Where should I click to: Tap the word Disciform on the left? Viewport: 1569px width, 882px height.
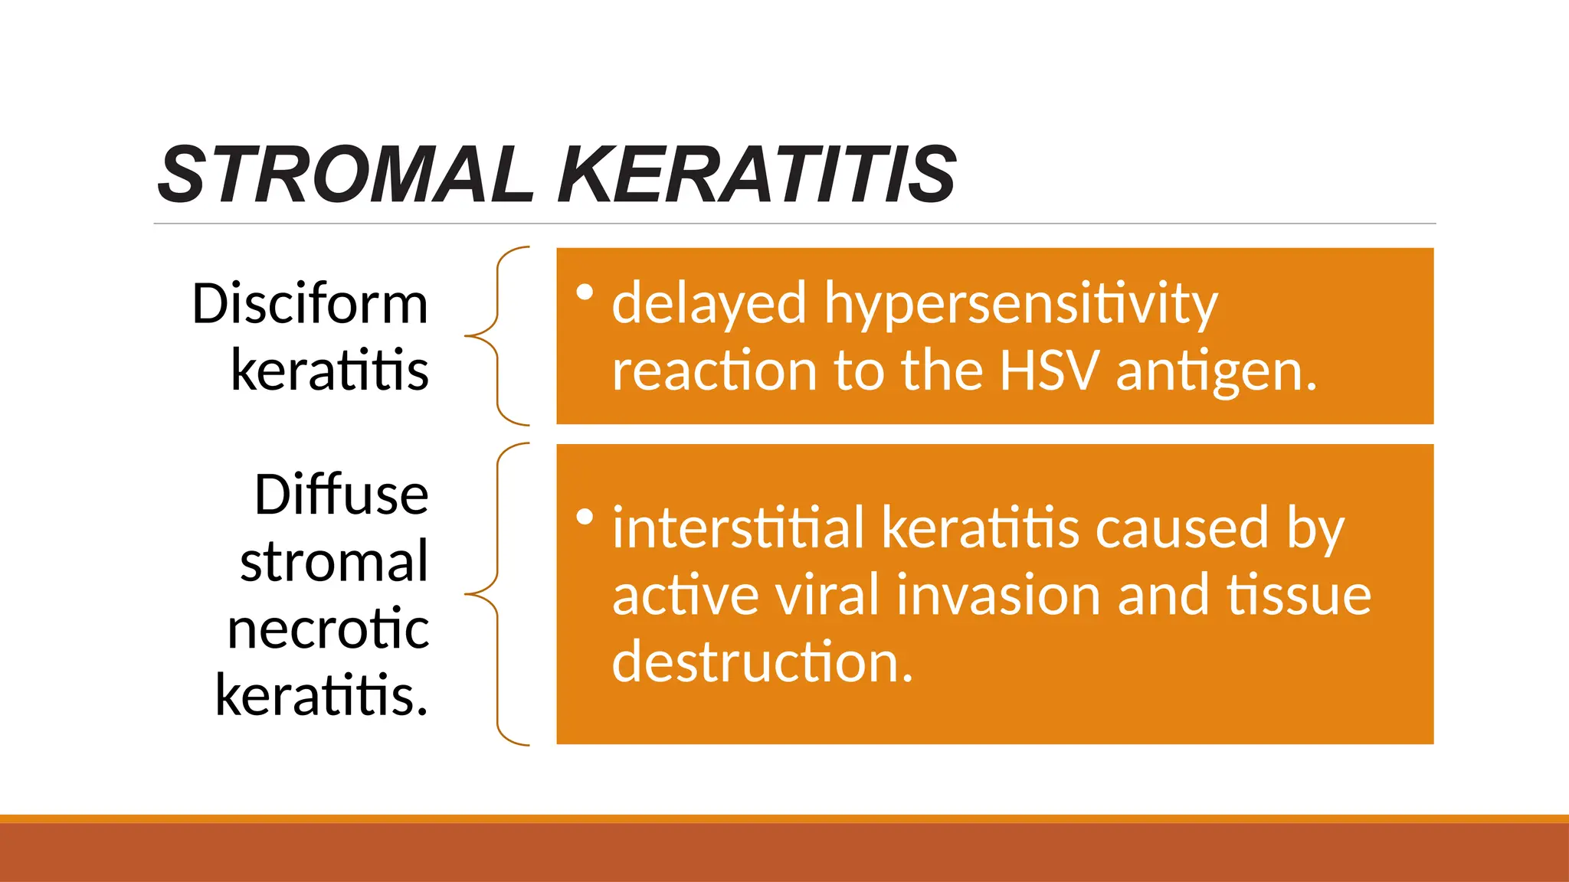coord(310,304)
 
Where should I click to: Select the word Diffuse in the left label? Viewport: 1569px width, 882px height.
coord(341,495)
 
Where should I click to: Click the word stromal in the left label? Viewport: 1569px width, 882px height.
coord(334,562)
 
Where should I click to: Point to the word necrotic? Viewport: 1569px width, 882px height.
coord(328,629)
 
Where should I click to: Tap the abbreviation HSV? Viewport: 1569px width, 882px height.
coord(1049,371)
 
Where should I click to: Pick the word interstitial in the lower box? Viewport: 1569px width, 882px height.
coord(739,528)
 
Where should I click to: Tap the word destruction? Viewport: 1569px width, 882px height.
coord(762,662)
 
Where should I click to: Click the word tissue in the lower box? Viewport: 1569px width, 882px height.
coord(1299,596)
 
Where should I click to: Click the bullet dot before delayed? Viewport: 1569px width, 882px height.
coord(585,292)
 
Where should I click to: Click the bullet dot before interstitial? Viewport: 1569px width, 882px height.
coord(585,518)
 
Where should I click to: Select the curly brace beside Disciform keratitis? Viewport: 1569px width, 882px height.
coord(498,335)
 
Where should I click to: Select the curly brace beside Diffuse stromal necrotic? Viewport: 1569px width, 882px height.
coord(498,594)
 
